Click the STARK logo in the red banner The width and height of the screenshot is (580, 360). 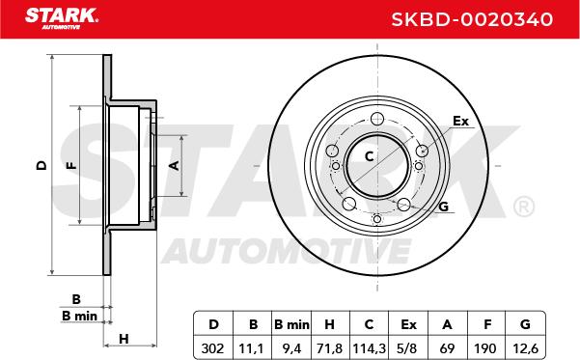(62, 18)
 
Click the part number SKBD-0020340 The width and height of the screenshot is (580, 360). (472, 19)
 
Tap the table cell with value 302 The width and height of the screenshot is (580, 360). (212, 348)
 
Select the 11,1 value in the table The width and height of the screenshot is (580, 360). (252, 348)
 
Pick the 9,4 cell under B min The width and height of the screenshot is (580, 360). (291, 348)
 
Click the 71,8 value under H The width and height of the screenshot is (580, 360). (330, 348)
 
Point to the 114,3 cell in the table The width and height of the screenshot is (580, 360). (370, 348)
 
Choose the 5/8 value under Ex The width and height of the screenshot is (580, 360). (408, 348)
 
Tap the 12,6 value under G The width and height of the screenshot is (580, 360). (525, 348)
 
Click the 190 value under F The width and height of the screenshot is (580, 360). (485, 348)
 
